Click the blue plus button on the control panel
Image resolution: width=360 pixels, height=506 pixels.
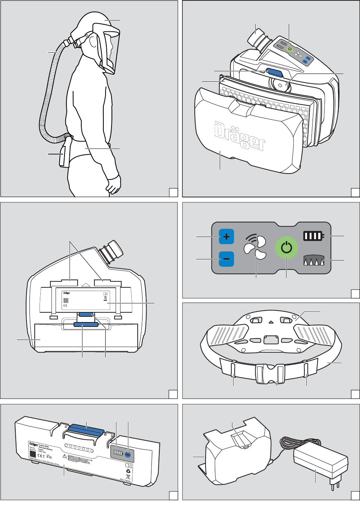226,237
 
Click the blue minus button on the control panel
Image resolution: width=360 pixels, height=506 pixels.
226,259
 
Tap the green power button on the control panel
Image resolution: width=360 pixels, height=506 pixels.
287,248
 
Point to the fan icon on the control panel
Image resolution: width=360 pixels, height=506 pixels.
256,248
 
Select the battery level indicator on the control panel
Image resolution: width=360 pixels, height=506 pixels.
313,236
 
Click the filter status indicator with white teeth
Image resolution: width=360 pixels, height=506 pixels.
314,260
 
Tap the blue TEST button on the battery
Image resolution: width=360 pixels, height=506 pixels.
128,455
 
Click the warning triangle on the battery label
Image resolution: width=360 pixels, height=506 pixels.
65,456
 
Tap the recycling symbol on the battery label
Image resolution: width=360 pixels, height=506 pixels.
128,471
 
